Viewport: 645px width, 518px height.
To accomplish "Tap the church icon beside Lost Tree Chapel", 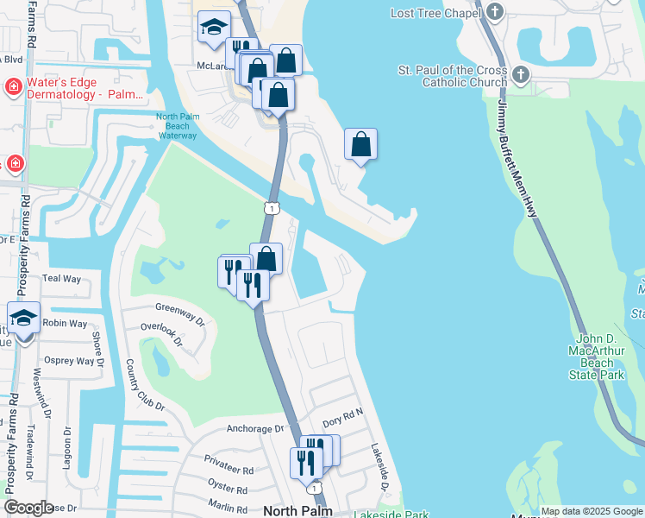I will (x=494, y=12).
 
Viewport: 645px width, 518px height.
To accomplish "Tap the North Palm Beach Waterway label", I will (x=178, y=126).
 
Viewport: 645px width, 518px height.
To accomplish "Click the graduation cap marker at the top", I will (x=213, y=28).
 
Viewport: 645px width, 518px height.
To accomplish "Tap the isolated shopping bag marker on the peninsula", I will (x=360, y=144).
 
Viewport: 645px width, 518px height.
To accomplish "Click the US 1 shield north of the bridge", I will (x=272, y=207).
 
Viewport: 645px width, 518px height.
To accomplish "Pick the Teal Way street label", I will (x=61, y=279).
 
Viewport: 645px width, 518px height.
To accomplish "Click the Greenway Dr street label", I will (x=179, y=309).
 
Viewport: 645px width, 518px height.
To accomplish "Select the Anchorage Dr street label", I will (x=255, y=428).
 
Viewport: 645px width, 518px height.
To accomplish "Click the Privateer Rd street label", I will (x=229, y=471).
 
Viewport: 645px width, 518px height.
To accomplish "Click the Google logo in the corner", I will (x=28, y=508).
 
